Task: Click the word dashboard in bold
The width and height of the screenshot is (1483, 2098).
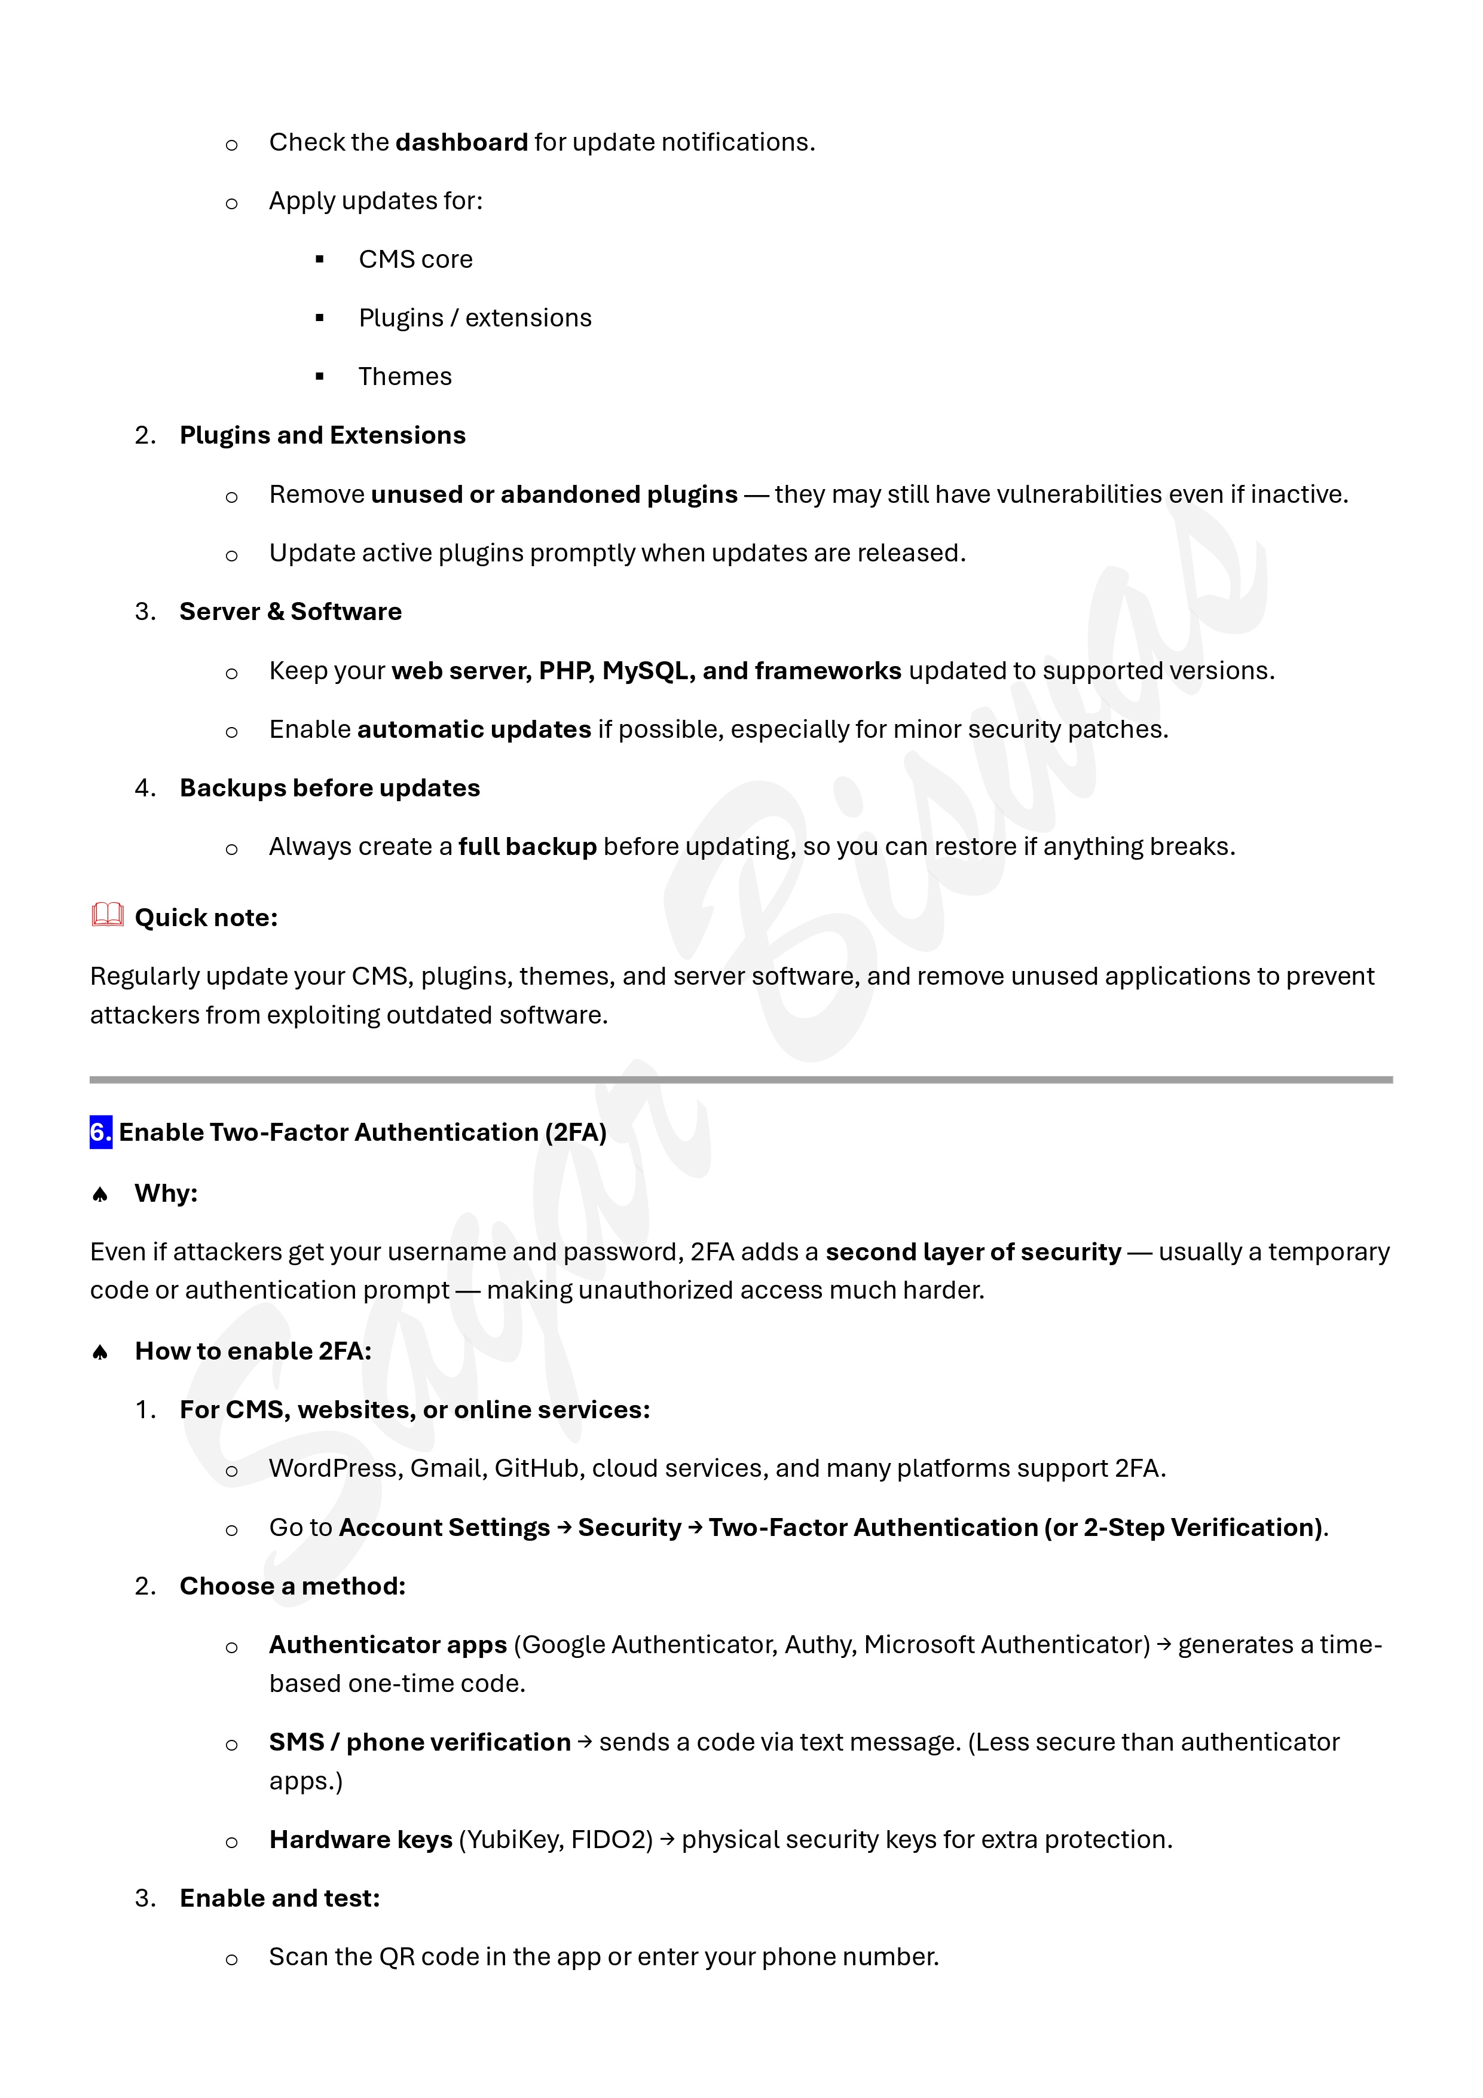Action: pyautogui.click(x=461, y=142)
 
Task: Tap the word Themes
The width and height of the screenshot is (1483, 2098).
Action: pyautogui.click(x=405, y=377)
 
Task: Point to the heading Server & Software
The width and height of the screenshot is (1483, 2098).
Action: pyautogui.click(x=290, y=611)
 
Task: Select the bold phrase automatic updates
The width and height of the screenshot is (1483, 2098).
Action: pyautogui.click(x=473, y=729)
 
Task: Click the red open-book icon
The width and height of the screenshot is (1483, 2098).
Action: pyautogui.click(x=108, y=915)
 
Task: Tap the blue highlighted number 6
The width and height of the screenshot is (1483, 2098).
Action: pyautogui.click(x=100, y=1132)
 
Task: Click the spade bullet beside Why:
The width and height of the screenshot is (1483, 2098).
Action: pyautogui.click(x=100, y=1195)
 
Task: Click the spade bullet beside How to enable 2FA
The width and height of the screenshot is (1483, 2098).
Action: pyautogui.click(x=100, y=1352)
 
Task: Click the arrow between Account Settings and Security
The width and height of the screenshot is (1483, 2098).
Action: pyautogui.click(x=564, y=1528)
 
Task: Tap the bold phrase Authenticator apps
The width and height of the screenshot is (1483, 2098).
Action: pyautogui.click(x=387, y=1645)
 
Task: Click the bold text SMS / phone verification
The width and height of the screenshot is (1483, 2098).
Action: pyautogui.click(x=420, y=1742)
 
